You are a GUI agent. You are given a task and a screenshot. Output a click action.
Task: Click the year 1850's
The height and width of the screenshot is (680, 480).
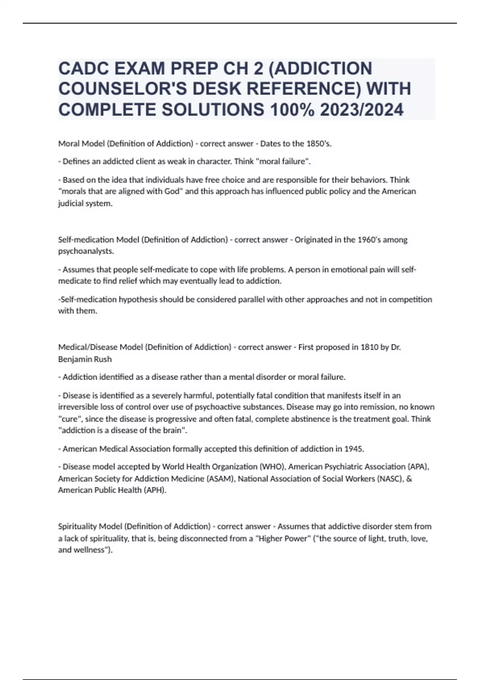point(319,144)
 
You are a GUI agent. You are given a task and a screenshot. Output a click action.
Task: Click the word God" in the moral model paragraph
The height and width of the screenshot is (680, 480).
point(174,191)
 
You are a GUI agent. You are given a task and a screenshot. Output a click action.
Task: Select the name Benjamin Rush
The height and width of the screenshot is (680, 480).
point(85,359)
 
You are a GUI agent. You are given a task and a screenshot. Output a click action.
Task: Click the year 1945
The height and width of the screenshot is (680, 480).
point(353,449)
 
